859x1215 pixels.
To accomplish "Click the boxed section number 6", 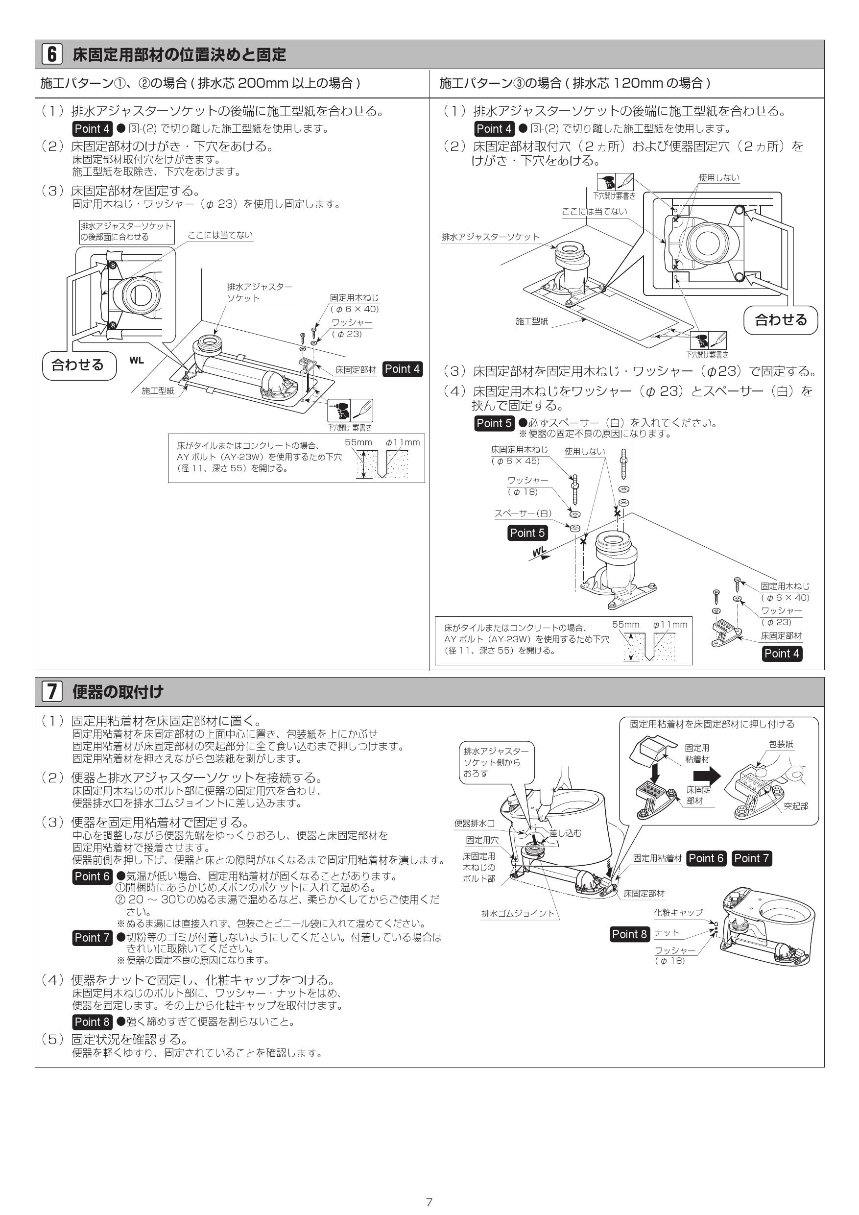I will coord(52,54).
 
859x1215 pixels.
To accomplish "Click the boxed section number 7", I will coord(52,691).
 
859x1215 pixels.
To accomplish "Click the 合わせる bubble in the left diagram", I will coord(78,364).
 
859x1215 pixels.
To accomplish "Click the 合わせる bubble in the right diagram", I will coord(781,319).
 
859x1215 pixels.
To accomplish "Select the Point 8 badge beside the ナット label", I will coord(629,934).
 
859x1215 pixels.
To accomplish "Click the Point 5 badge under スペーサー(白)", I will coord(527,533).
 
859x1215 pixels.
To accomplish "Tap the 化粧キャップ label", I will coord(679,912).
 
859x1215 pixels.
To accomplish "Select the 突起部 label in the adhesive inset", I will coord(796,806).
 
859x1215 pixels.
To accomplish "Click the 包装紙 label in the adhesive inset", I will coord(781,744).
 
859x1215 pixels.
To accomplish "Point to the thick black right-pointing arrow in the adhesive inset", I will coord(707,776).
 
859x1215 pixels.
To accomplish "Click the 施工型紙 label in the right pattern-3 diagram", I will coord(531,321).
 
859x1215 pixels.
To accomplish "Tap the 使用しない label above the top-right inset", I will coord(719,178).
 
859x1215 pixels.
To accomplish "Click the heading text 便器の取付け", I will coord(118,691).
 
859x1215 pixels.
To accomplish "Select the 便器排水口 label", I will coord(475,824).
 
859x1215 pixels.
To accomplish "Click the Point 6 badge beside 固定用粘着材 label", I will coord(706,858).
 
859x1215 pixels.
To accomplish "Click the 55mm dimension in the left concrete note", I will coord(358,442).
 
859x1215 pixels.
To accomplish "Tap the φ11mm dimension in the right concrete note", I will coord(669,625).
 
